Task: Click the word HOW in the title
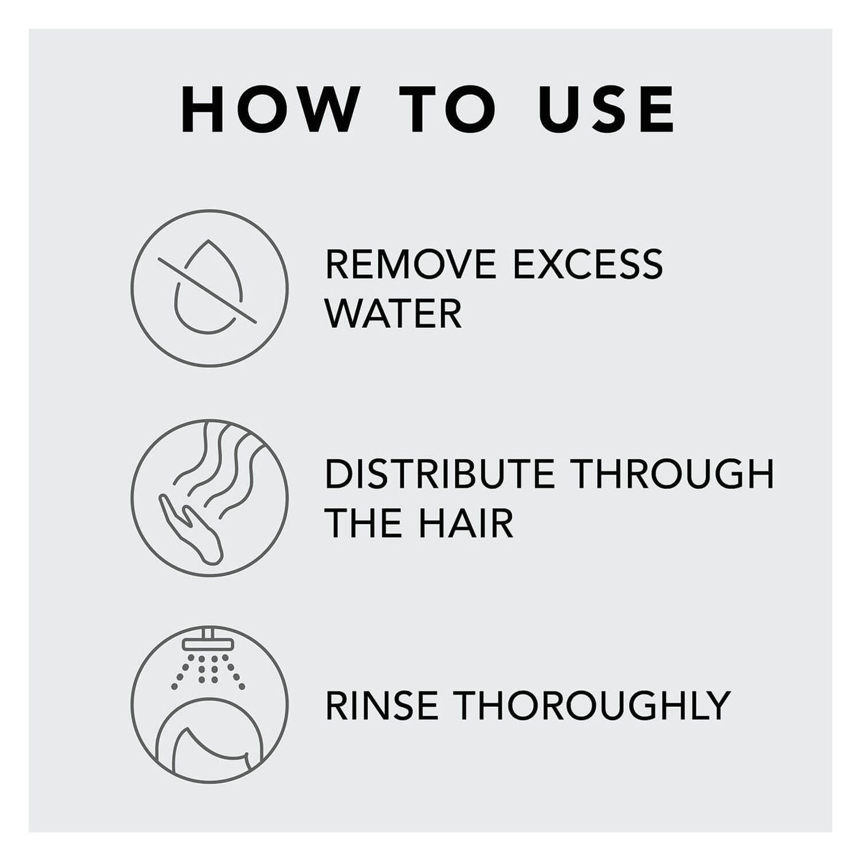click(x=271, y=109)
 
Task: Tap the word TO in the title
click(x=447, y=109)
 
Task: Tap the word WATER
click(x=394, y=314)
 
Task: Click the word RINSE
click(x=382, y=705)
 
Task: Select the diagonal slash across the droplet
click(x=207, y=290)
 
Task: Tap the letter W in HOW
click(x=326, y=109)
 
